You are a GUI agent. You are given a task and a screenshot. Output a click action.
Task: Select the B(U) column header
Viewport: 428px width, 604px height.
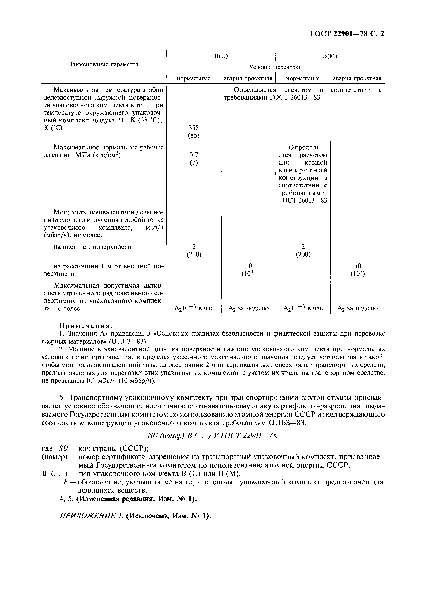(x=221, y=56)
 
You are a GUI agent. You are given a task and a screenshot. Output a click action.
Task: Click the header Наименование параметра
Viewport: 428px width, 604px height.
(x=103, y=64)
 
